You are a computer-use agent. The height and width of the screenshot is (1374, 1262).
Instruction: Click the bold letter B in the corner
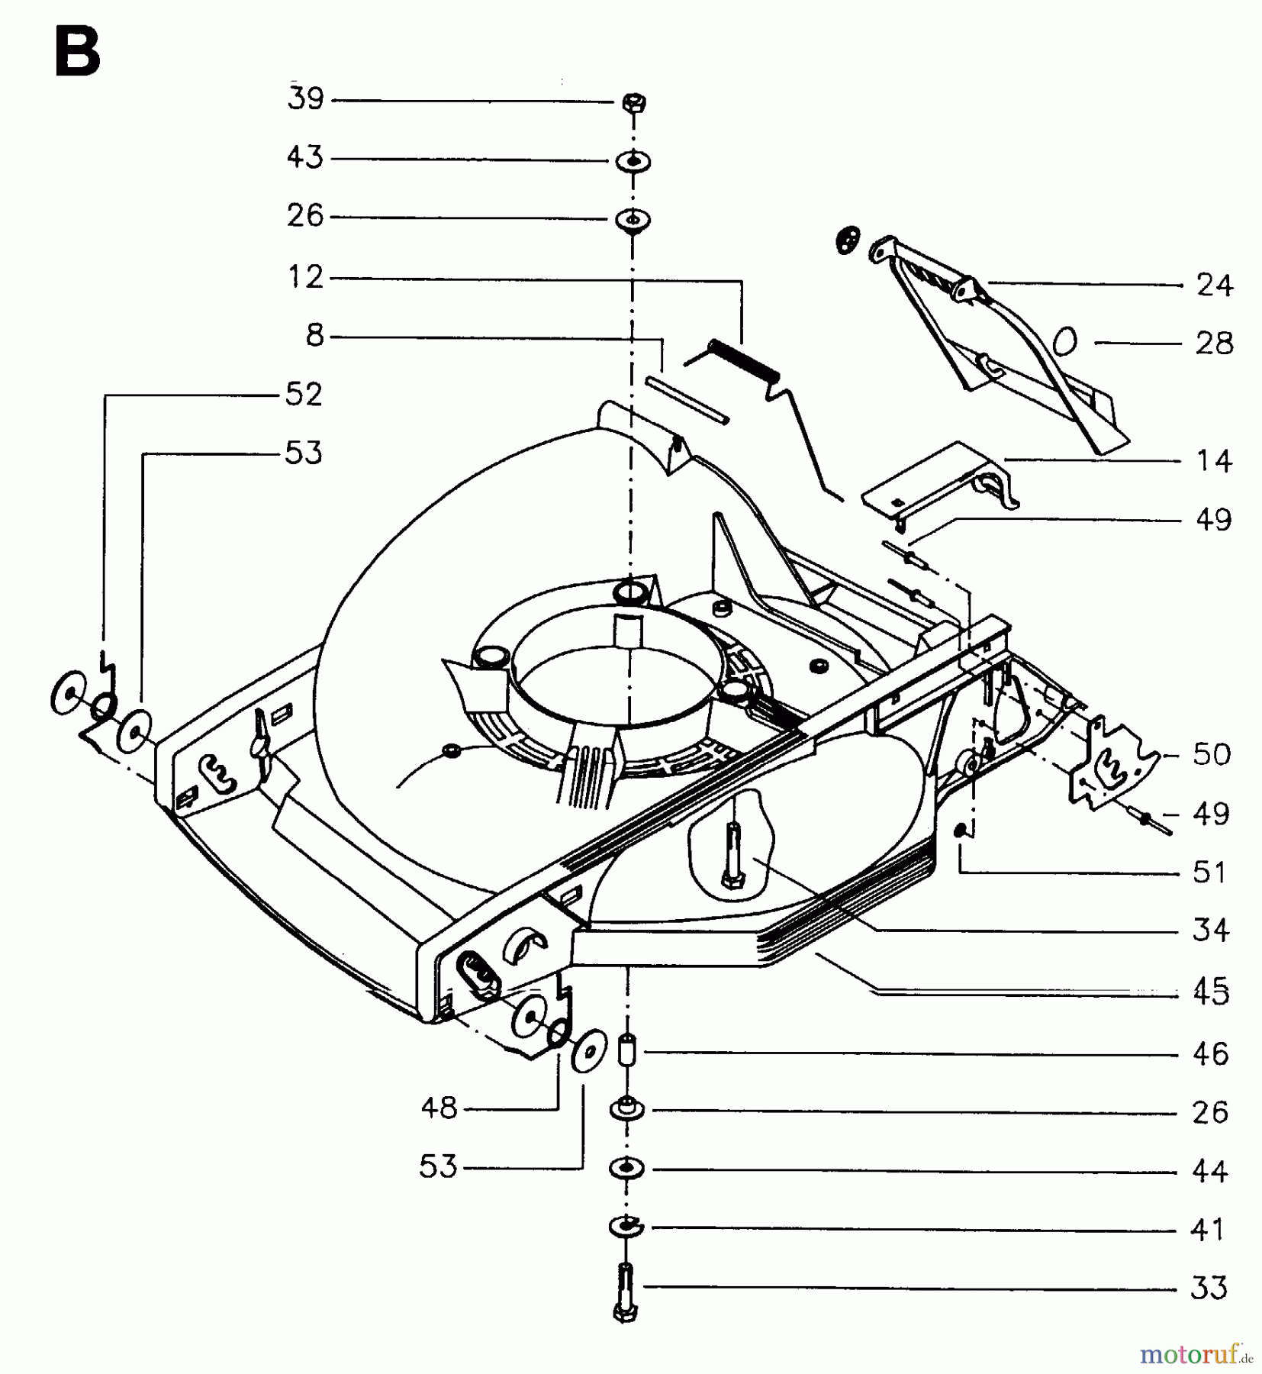pyautogui.click(x=77, y=53)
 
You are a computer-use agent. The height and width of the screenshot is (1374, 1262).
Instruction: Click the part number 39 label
pyautogui.click(x=306, y=98)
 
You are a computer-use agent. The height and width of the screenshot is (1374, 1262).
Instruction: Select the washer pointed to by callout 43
pyautogui.click(x=633, y=162)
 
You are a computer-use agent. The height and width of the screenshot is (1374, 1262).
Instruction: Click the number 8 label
pyautogui.click(x=315, y=335)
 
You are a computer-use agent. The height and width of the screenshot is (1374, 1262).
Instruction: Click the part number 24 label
pyautogui.click(x=1214, y=285)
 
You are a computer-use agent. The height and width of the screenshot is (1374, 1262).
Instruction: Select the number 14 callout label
pyautogui.click(x=1214, y=461)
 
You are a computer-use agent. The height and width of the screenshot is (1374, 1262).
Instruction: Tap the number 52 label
pyautogui.click(x=304, y=395)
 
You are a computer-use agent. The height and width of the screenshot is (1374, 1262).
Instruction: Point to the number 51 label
pyautogui.click(x=1209, y=872)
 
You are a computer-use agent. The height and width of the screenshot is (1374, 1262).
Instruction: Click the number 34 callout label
pyautogui.click(x=1211, y=931)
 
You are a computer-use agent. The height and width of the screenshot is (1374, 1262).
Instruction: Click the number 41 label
pyautogui.click(x=1208, y=1230)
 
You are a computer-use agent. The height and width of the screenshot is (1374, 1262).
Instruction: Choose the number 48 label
pyautogui.click(x=439, y=1108)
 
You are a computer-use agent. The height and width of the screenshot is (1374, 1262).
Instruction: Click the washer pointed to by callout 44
pyautogui.click(x=626, y=1169)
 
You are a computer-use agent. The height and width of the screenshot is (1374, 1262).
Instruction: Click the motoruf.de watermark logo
pyautogui.click(x=1195, y=1355)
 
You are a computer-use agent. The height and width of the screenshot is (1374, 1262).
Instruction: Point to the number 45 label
pyautogui.click(x=1211, y=992)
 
